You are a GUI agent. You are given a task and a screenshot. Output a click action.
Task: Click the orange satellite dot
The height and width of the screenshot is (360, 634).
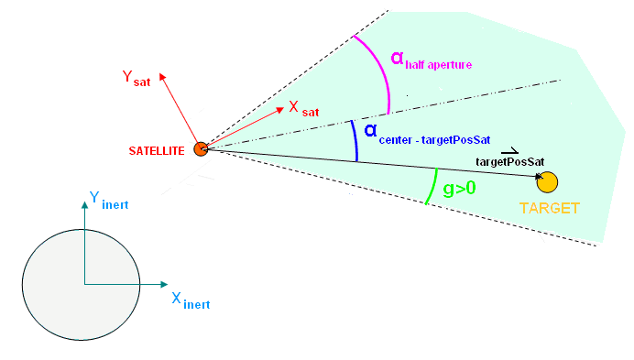pyautogui.click(x=201, y=148)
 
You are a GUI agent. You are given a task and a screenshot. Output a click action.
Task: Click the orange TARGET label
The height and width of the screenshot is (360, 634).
pyautogui.click(x=550, y=208)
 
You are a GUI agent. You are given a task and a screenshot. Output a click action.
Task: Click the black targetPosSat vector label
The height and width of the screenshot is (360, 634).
pyautogui.click(x=510, y=160)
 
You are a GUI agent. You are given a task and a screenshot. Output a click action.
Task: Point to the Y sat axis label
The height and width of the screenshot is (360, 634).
pyautogui.click(x=137, y=78)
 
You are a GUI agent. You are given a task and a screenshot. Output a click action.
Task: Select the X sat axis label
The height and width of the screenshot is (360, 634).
pyautogui.click(x=303, y=108)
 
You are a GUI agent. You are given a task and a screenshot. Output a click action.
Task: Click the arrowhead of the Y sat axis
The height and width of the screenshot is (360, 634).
pyautogui.click(x=162, y=77)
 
